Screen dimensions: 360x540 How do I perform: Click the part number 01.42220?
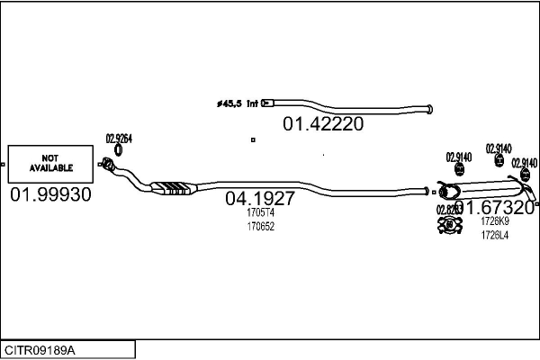(x=324, y=124)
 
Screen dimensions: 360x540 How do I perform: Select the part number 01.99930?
(x=50, y=195)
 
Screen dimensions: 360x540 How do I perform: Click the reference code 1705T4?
(x=260, y=214)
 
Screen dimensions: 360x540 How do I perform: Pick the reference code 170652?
(x=260, y=226)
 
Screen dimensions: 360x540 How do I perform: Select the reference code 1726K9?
(x=494, y=221)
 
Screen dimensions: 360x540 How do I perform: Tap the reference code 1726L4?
(x=494, y=235)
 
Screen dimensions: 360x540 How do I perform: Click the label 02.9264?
(x=119, y=139)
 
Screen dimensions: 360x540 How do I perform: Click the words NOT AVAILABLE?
(x=50, y=163)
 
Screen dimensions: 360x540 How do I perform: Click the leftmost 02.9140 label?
(x=459, y=156)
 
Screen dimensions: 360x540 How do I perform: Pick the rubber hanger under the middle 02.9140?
(x=499, y=161)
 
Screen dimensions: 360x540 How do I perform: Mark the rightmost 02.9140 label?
(x=525, y=163)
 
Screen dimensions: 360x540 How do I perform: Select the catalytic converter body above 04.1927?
(x=176, y=188)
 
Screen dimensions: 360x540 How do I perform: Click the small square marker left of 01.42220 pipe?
(x=253, y=139)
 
